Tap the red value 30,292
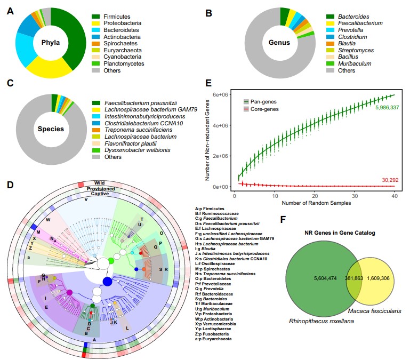pyautogui.click(x=388, y=181)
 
